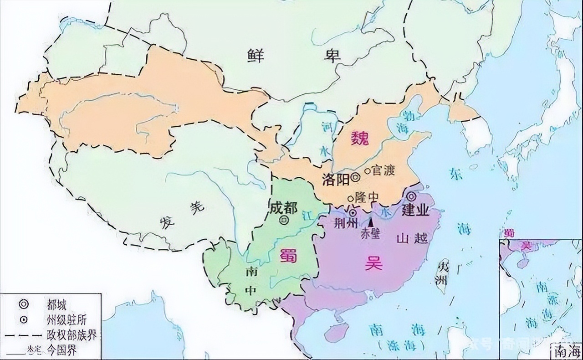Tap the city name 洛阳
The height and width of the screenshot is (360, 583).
(x=335, y=179)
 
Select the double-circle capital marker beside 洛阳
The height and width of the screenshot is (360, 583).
(x=355, y=179)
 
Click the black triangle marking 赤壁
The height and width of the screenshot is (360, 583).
(x=371, y=221)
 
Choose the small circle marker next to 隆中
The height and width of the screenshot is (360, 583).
(x=350, y=198)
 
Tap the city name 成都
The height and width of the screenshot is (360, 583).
(x=283, y=208)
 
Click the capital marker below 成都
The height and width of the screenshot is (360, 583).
(x=284, y=221)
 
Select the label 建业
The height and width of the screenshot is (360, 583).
(x=415, y=210)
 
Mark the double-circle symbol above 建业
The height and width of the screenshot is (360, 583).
(x=411, y=196)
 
